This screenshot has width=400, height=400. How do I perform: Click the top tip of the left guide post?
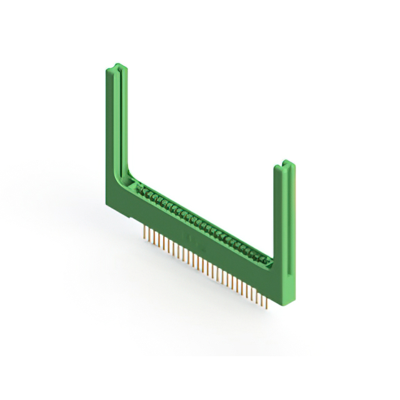click(x=114, y=64)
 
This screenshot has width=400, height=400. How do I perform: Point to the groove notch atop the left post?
click(x=116, y=64)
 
